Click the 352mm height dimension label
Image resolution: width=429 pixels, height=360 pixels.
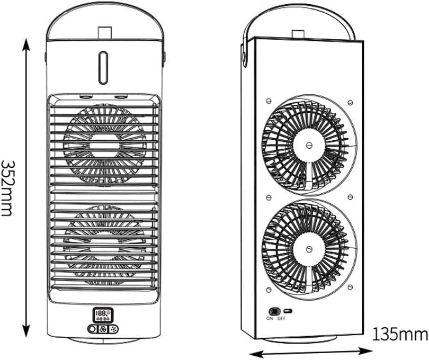7,188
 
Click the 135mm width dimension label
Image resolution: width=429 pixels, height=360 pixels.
400,334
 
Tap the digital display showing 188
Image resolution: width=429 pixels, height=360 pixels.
103,315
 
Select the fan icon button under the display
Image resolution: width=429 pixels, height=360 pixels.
103,329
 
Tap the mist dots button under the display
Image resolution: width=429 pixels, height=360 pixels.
113,329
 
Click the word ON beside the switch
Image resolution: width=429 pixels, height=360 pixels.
270,318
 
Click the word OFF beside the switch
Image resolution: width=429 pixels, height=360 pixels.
281,318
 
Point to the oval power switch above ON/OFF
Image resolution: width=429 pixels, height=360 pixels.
274,311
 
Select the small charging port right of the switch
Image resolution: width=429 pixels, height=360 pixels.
288,311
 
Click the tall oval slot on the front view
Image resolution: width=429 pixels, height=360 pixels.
103,68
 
